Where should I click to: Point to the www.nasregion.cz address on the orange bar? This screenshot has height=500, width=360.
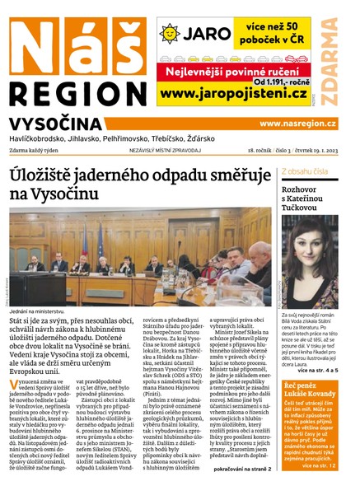click(x=297, y=123)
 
